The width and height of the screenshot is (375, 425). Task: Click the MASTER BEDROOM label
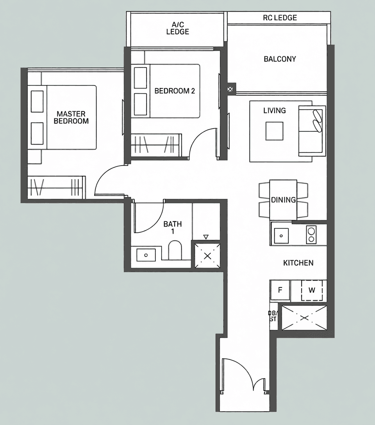71,117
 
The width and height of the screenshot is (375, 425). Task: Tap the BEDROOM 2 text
175,91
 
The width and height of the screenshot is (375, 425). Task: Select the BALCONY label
280,59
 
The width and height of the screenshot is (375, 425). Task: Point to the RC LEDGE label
280,18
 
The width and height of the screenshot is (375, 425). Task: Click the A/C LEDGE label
178,28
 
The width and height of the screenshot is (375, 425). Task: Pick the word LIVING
275,110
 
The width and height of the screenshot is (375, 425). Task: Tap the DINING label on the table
284,200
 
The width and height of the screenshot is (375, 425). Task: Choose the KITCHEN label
298,262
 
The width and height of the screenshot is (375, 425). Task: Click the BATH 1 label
173,228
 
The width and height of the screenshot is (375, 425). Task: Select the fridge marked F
280,290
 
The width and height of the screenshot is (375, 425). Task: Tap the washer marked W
312,290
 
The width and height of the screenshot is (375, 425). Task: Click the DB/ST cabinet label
273,316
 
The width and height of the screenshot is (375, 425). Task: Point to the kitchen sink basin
281,236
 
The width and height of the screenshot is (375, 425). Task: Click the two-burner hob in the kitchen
311,235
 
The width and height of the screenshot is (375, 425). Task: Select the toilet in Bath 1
175,250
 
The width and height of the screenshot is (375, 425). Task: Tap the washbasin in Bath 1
146,255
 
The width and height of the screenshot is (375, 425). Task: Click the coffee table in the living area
274,131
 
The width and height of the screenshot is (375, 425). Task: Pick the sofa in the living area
312,131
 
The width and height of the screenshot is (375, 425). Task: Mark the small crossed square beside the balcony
230,89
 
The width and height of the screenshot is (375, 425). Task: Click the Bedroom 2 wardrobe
156,145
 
